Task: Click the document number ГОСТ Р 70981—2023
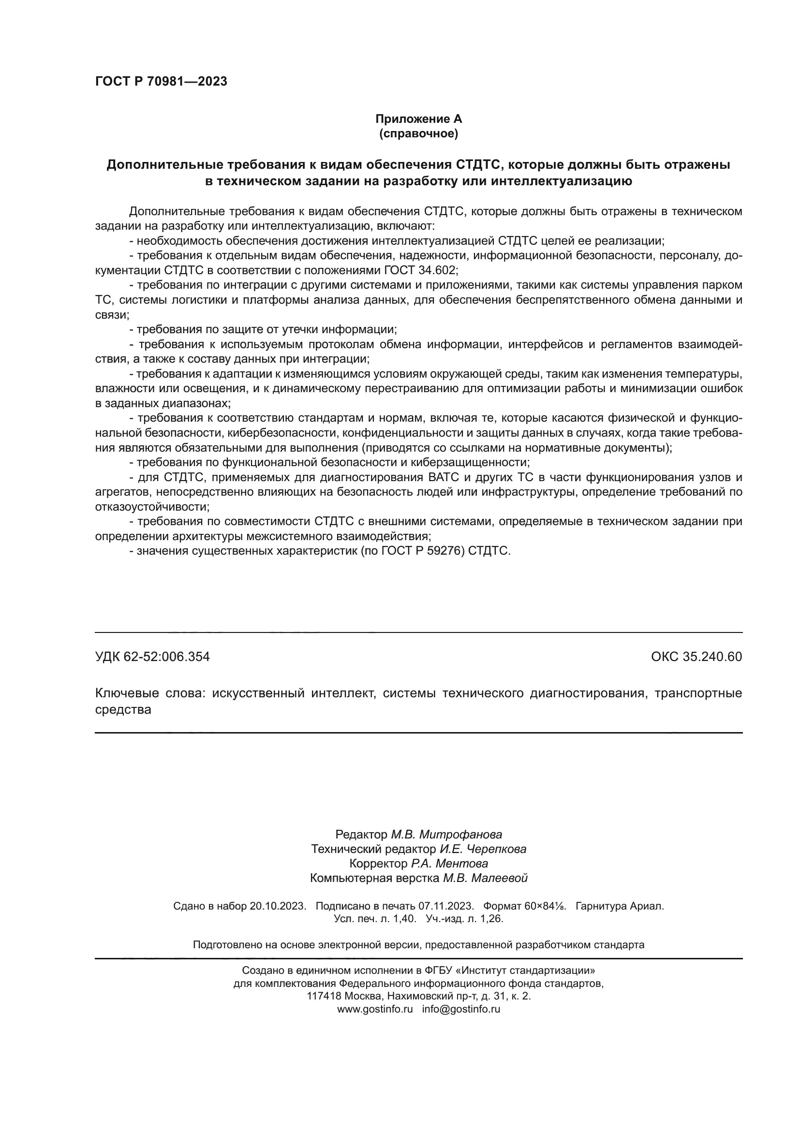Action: point(161,81)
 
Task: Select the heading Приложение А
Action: point(419,119)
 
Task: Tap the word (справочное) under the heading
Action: point(419,133)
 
